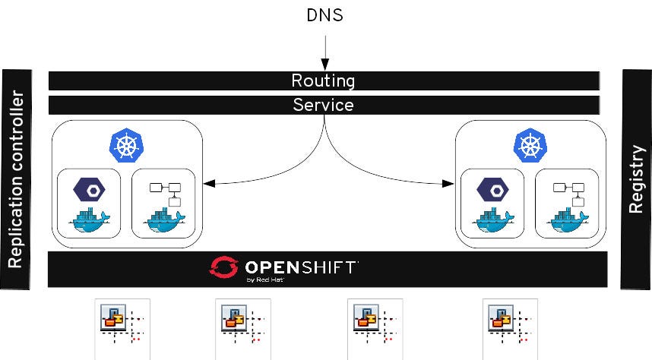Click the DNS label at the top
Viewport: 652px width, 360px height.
[324, 15]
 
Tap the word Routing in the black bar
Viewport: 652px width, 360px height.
[324, 81]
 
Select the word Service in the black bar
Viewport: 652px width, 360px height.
[324, 105]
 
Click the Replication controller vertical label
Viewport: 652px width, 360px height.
[16, 180]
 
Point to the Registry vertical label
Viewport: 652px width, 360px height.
[637, 180]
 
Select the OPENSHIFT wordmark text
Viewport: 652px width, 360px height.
[300, 267]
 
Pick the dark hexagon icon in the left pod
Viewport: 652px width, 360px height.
[89, 189]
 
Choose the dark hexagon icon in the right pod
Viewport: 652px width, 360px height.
[492, 189]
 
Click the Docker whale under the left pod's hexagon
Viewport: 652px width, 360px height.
[89, 220]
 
